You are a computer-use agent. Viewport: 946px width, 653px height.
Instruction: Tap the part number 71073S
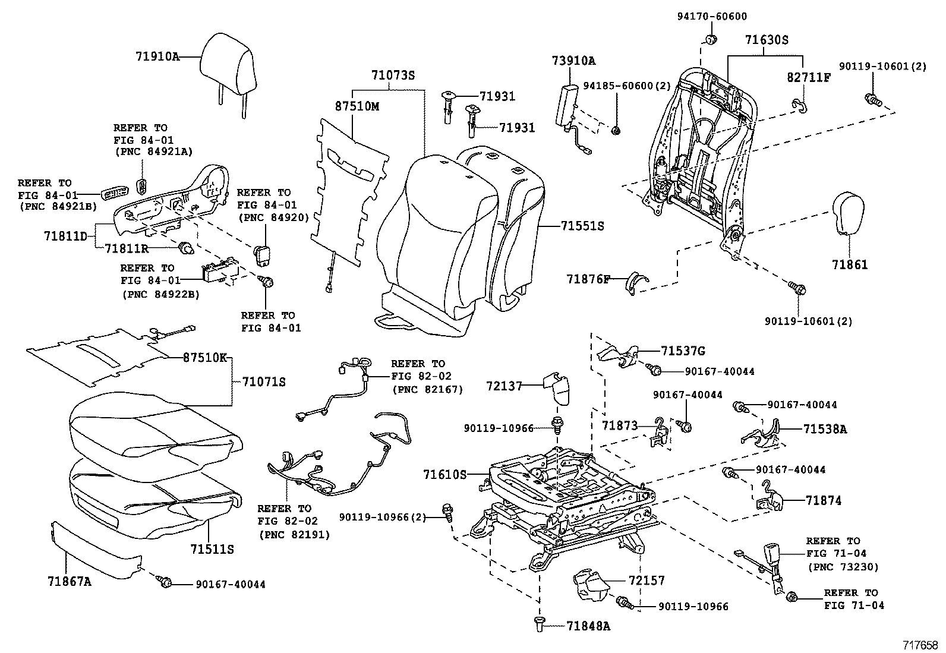pyautogui.click(x=392, y=76)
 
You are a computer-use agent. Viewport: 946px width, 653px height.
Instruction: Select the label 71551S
pyautogui.click(x=582, y=226)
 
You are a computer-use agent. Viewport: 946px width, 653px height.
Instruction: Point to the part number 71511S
pyautogui.click(x=212, y=549)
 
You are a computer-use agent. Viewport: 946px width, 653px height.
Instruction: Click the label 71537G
pyautogui.click(x=683, y=351)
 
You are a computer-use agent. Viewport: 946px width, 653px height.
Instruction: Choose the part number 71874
pyautogui.click(x=824, y=500)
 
